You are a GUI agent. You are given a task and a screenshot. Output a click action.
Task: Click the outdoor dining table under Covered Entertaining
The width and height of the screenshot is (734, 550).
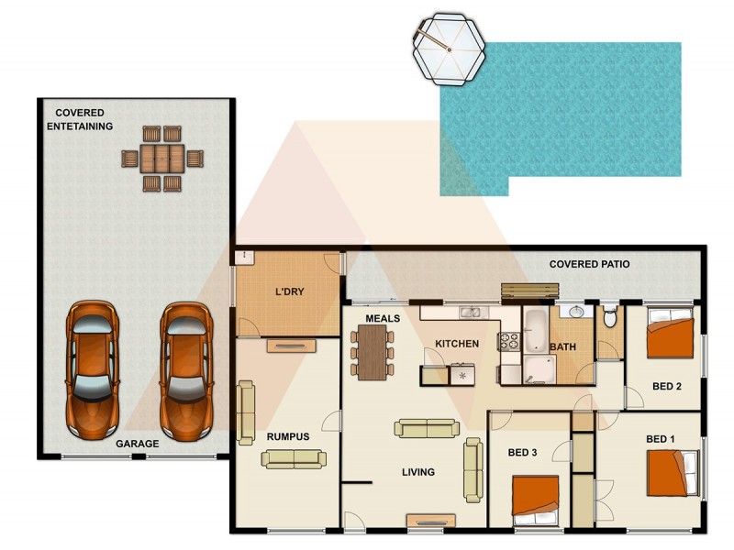click(x=162, y=159)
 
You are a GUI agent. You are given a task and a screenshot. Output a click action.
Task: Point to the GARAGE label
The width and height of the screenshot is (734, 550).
click(x=137, y=444)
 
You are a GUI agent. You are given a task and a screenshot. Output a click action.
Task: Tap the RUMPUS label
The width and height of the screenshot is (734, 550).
click(x=288, y=436)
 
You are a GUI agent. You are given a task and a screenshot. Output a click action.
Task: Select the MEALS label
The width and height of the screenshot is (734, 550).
click(x=381, y=318)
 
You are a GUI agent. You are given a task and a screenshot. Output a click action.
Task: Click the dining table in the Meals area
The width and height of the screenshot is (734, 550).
click(x=373, y=352)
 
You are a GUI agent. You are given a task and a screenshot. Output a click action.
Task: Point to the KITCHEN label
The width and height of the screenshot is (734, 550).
click(x=457, y=344)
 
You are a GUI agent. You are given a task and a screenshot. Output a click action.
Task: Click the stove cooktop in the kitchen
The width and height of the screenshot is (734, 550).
click(x=509, y=342)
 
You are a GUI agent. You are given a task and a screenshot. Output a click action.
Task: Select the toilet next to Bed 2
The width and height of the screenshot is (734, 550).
click(x=611, y=317)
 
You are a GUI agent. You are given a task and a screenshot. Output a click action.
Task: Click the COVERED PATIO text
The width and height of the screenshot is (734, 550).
click(x=589, y=264)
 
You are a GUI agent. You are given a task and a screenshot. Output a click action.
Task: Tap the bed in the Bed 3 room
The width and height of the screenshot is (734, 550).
click(x=536, y=497)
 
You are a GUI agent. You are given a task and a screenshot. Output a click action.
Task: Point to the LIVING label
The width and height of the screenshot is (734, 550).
click(x=417, y=473)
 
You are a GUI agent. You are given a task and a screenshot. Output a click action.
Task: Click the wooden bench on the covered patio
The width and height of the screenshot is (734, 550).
click(x=528, y=291)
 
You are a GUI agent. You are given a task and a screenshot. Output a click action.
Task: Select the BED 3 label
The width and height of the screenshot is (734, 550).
click(x=523, y=451)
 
